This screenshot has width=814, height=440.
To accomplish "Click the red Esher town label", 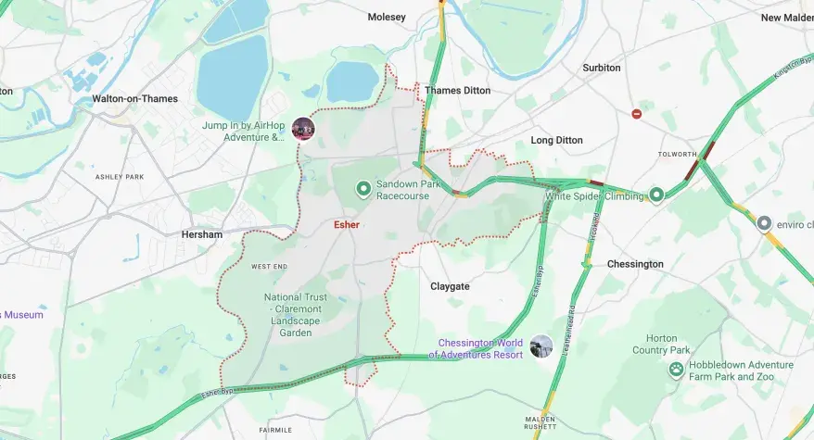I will [347, 225].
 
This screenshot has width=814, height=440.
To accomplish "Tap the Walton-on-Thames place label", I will [134, 98].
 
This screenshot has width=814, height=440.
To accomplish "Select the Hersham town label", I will [201, 234].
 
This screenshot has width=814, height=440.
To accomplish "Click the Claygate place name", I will [450, 286].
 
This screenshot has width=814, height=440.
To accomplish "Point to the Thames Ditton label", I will [457, 91].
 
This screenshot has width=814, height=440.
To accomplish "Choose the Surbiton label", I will [602, 68].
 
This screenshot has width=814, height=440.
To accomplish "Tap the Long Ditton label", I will [556, 140].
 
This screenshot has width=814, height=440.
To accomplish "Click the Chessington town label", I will [635, 264].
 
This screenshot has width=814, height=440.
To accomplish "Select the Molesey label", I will [387, 17].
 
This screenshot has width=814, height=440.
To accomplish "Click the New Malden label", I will [786, 18].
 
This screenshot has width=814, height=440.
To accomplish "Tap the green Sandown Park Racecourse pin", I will [364, 190].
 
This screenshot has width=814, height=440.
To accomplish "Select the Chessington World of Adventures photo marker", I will [541, 346].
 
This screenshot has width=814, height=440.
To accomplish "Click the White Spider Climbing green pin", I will [656, 195].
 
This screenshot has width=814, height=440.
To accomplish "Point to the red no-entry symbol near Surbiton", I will [636, 114].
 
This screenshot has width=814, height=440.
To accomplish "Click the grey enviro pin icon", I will [764, 223].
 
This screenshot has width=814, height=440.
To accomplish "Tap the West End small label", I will [269, 267].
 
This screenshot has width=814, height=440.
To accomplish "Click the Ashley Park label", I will [121, 176].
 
